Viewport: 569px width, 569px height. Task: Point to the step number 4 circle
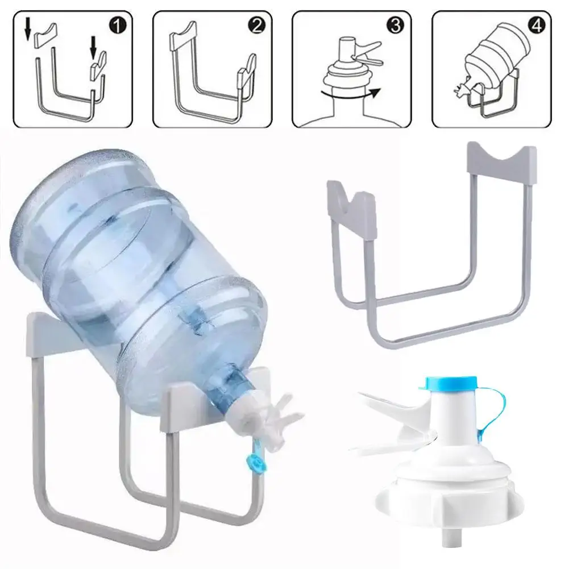tap(535, 26)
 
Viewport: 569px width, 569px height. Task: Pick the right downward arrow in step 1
tap(93, 48)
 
